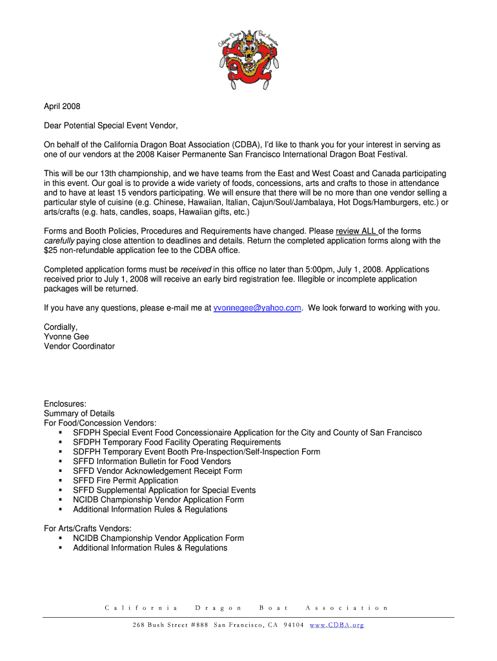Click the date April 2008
(x=62, y=107)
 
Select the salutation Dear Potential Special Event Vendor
(x=110, y=126)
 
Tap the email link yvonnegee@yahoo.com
(x=257, y=308)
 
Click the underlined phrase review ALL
(x=356, y=231)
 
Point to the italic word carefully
(x=59, y=241)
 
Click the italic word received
(x=196, y=269)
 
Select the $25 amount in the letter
(x=50, y=250)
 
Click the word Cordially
(x=61, y=327)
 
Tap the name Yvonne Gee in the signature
(x=66, y=337)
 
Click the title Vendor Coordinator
(x=79, y=347)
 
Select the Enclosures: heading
(x=65, y=404)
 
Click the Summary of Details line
(x=79, y=414)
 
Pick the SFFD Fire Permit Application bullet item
(x=125, y=481)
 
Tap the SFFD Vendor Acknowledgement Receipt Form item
(x=157, y=471)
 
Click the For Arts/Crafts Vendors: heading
(x=88, y=529)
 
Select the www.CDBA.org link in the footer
(x=337, y=625)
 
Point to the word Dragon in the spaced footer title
(x=218, y=608)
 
